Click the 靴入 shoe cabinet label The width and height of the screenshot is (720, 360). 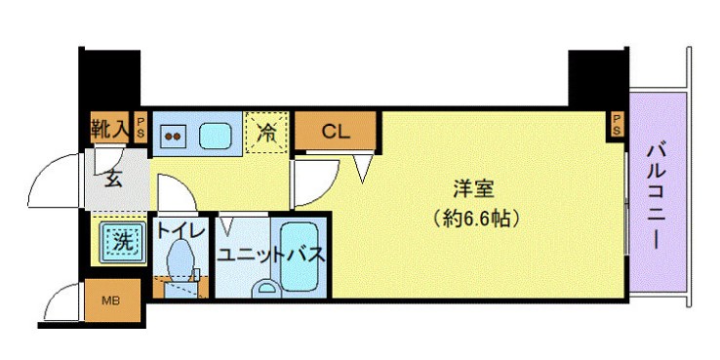(x=110, y=127)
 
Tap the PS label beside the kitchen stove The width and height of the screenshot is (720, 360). (x=141, y=127)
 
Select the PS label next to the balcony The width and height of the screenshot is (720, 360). (x=618, y=122)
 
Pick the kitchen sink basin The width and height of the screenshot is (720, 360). (x=215, y=135)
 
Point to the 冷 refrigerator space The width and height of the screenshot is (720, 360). (x=265, y=135)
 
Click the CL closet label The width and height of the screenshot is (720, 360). (x=336, y=131)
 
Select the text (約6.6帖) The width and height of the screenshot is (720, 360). (x=474, y=219)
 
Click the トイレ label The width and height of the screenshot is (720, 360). (x=180, y=230)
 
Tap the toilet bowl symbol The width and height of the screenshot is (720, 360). (x=179, y=260)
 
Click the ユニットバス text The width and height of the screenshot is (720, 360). (x=270, y=257)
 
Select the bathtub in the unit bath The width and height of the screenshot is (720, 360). (x=303, y=257)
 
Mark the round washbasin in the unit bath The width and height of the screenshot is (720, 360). (x=265, y=289)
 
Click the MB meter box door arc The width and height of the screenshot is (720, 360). (x=59, y=302)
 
